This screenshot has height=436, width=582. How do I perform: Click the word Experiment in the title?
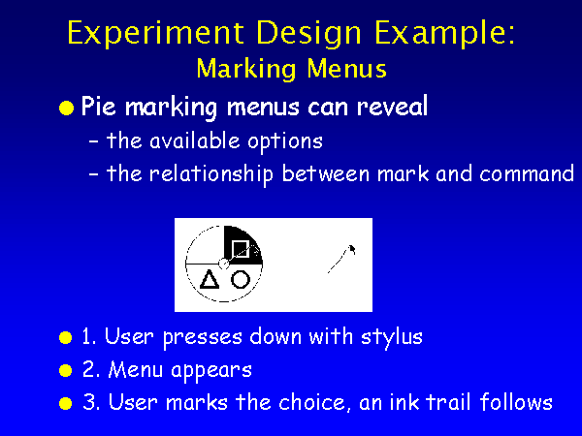pyautogui.click(x=156, y=33)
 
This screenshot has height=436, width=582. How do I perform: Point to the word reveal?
pyautogui.click(x=392, y=106)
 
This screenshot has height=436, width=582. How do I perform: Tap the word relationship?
pyautogui.click(x=211, y=174)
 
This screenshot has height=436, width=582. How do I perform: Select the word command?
pyautogui.click(x=527, y=173)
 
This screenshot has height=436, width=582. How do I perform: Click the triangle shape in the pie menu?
pyautogui.click(x=210, y=279)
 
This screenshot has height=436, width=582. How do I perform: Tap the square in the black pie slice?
pyautogui.click(x=240, y=248)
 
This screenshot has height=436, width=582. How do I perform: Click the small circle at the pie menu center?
pyautogui.click(x=223, y=264)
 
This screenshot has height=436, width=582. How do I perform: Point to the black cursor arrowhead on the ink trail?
pyautogui.click(x=351, y=249)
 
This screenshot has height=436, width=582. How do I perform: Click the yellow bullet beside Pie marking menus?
pyautogui.click(x=66, y=109)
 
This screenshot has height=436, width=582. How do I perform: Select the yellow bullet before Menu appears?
pyautogui.click(x=65, y=370)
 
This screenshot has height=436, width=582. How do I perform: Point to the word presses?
pyautogui.click(x=203, y=338)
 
